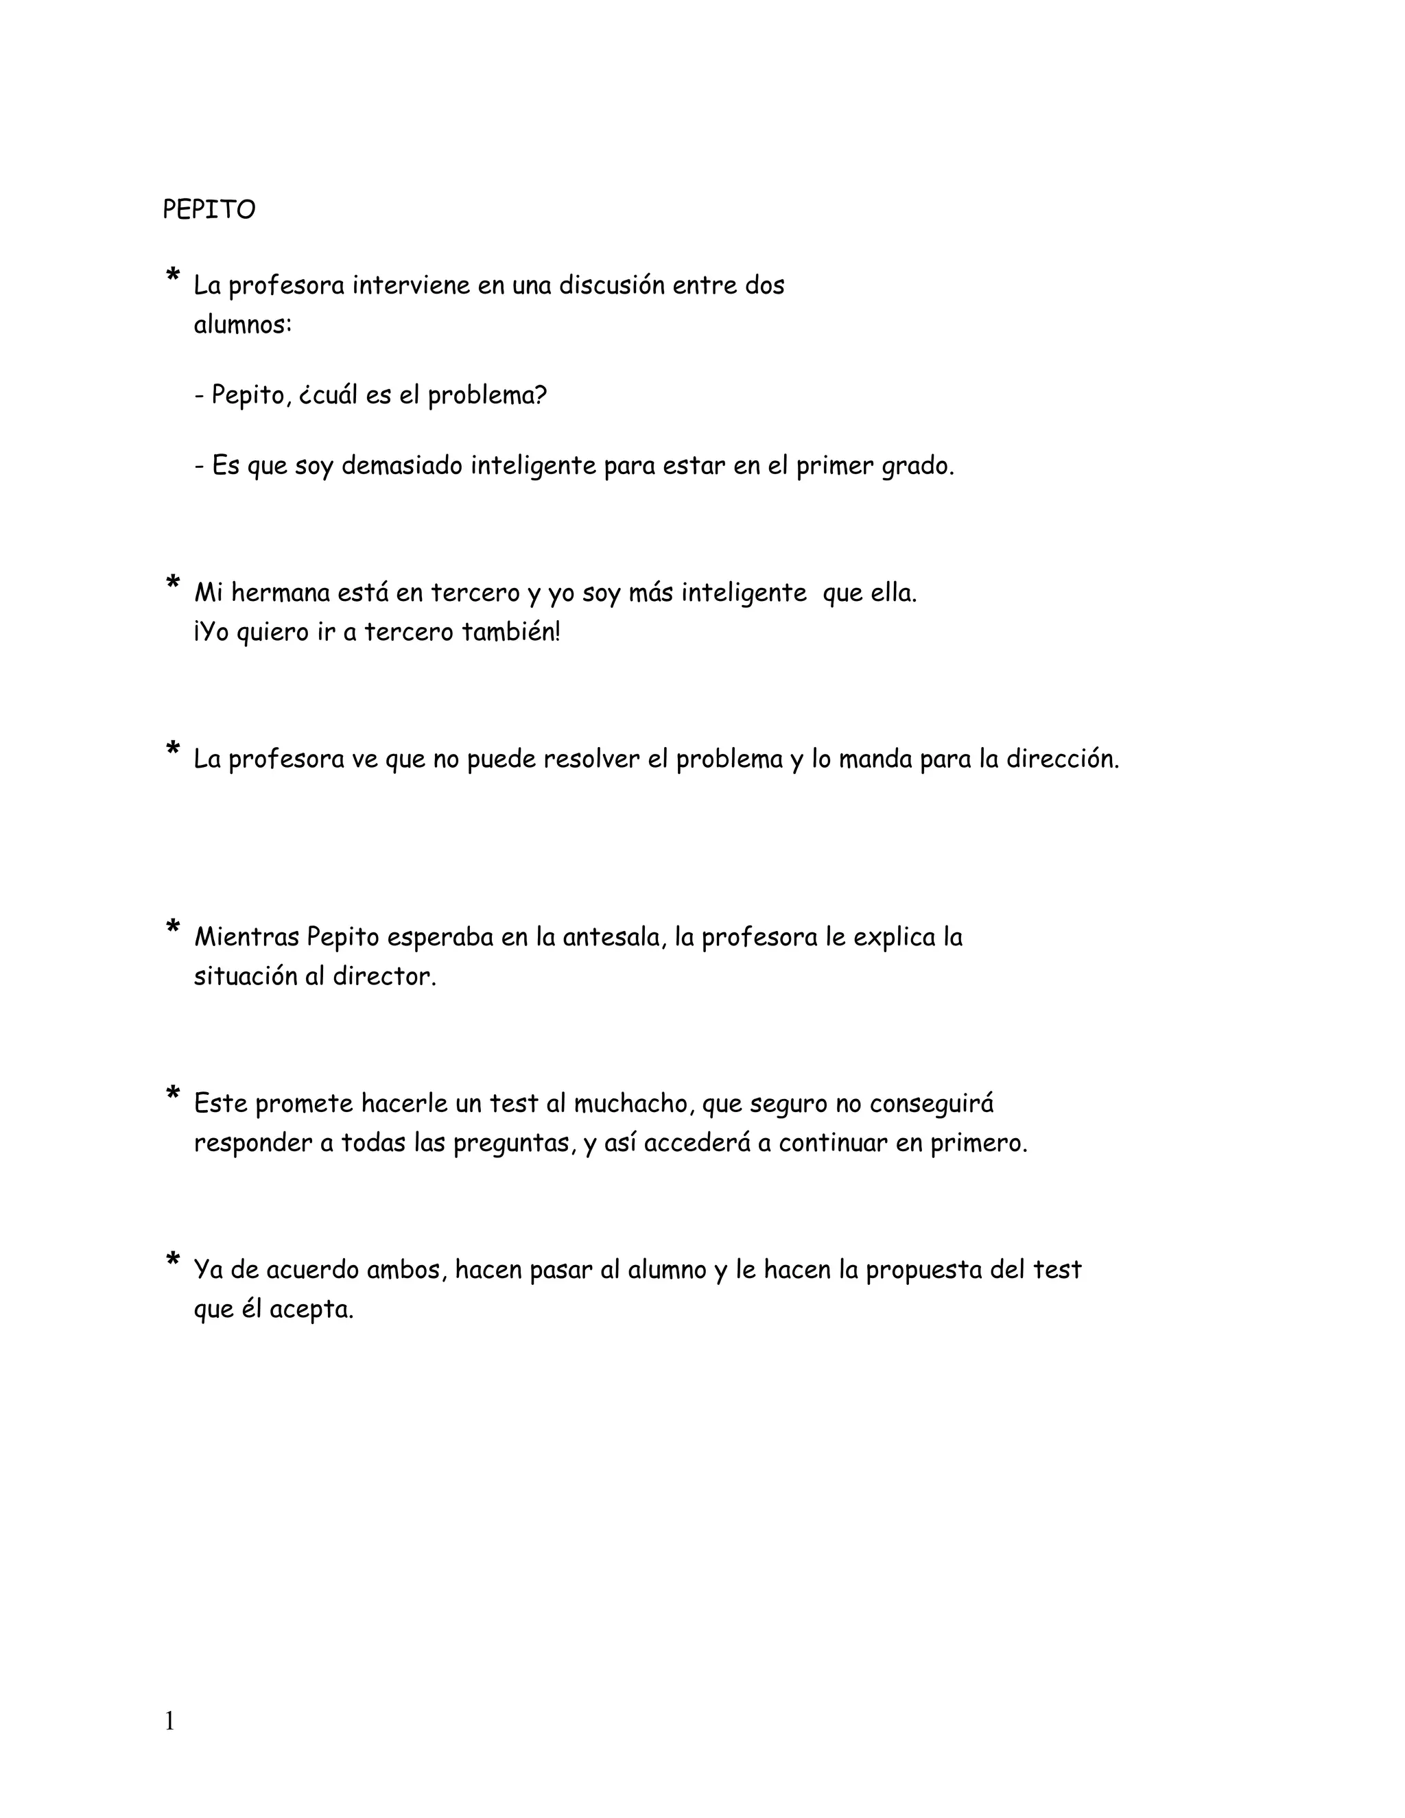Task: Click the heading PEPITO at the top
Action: click(209, 210)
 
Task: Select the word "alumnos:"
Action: click(243, 324)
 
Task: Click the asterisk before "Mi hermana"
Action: click(173, 582)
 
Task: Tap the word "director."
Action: click(385, 976)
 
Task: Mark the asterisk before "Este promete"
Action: click(173, 1093)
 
